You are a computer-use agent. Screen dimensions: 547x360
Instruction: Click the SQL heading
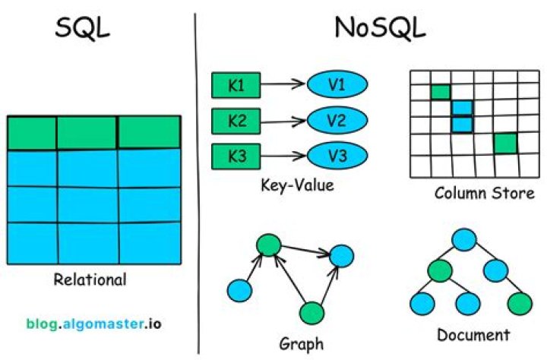coord(82,28)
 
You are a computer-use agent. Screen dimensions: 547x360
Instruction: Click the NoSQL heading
coord(380,27)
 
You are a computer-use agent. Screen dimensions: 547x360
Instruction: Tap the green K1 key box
coord(236,85)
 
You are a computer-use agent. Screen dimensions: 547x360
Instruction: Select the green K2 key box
coord(236,121)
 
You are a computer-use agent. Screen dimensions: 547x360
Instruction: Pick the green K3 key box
coord(236,156)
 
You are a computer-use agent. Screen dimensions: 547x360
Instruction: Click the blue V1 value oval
coord(337,84)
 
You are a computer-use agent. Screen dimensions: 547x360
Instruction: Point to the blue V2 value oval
coord(337,120)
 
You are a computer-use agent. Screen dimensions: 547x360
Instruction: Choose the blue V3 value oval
coord(337,156)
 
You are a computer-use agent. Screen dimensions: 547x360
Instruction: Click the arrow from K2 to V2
coord(283,122)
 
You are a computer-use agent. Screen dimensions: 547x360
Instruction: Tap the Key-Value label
coord(297,185)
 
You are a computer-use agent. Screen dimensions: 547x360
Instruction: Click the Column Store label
coord(485,193)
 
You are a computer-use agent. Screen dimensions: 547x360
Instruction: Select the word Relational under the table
coord(90,279)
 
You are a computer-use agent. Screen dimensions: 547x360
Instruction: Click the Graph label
coord(302,344)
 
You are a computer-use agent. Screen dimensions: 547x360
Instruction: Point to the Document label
coord(473,335)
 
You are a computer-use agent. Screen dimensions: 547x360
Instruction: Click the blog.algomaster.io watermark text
coord(94,324)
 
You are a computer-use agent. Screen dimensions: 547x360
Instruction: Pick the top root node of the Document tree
coord(464,240)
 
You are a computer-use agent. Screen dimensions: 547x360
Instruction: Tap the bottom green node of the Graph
coord(312,313)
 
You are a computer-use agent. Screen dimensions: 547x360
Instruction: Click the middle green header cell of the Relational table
coord(87,133)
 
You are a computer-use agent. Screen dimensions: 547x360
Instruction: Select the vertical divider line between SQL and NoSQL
coord(197,184)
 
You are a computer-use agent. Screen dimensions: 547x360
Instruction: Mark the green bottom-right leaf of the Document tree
coord(520,304)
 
